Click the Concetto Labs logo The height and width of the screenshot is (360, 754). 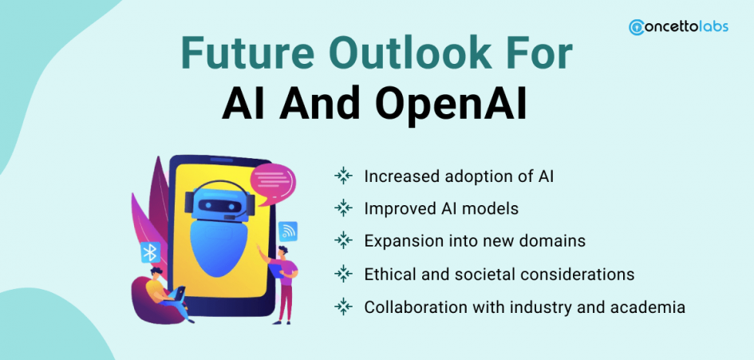[x=678, y=27]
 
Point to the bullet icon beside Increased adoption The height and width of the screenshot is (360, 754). [x=343, y=176]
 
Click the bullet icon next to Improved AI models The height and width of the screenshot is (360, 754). [x=343, y=208]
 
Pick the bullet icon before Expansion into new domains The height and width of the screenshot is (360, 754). [x=343, y=239]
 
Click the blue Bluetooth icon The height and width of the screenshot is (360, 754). [x=151, y=251]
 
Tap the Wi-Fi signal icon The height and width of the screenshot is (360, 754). [x=287, y=231]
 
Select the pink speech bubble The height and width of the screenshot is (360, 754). [x=272, y=184]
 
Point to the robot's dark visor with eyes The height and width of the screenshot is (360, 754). [x=219, y=206]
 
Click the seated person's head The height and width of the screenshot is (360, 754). [x=156, y=273]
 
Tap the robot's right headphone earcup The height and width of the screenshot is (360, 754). [x=251, y=205]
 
